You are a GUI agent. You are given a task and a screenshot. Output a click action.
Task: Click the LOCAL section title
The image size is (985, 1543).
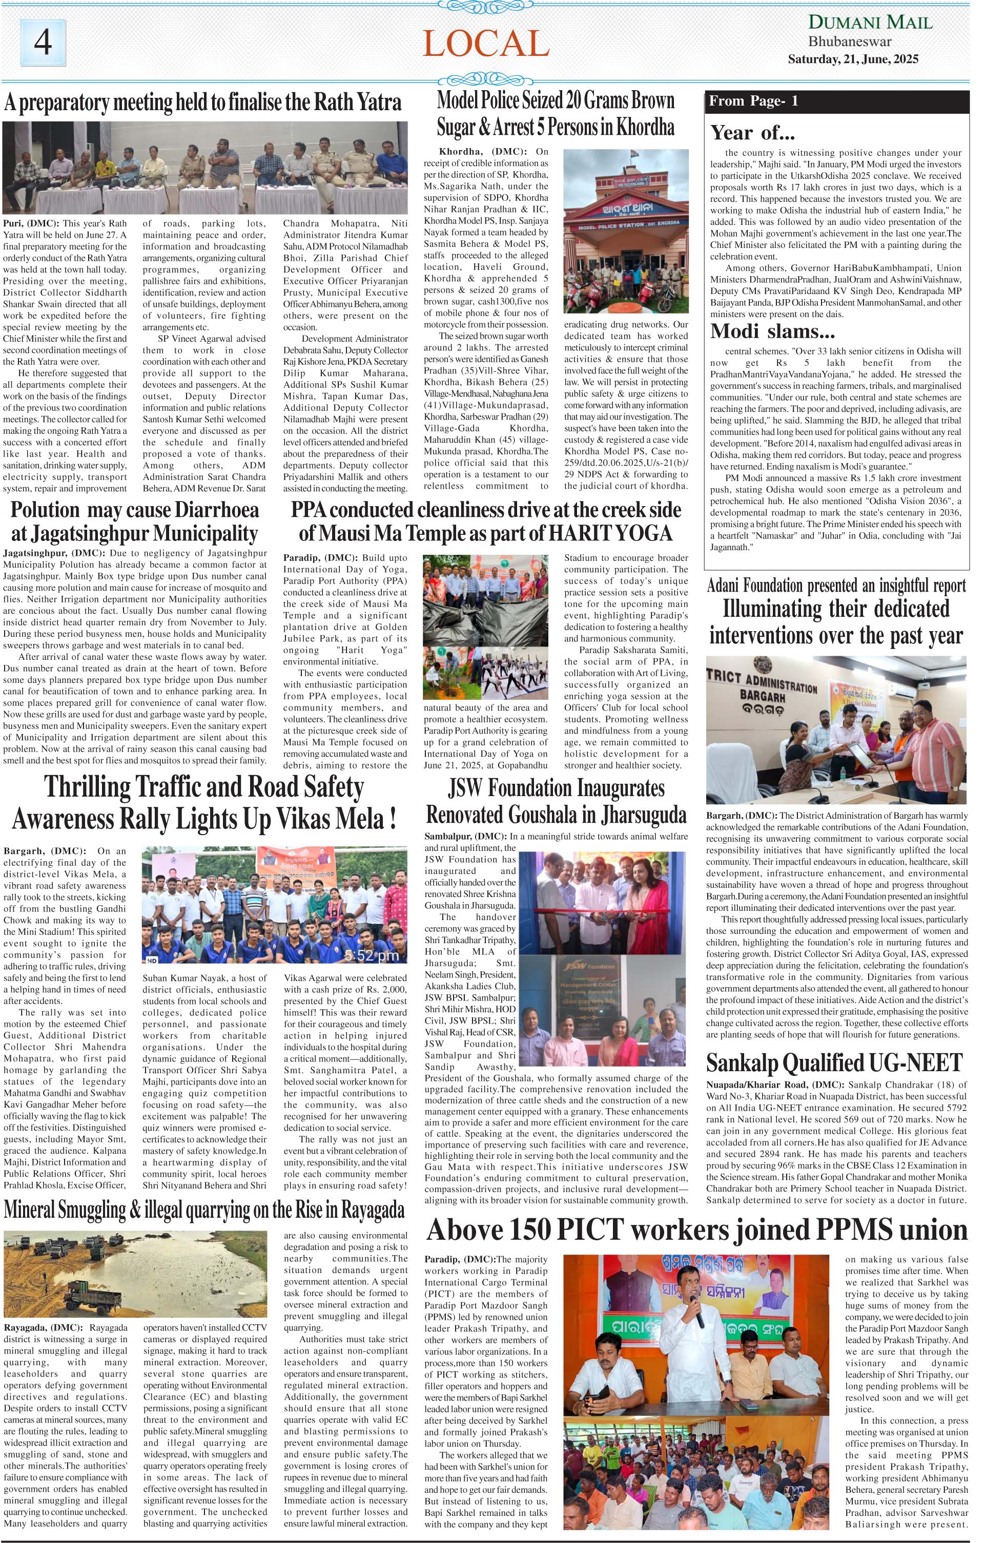(485, 44)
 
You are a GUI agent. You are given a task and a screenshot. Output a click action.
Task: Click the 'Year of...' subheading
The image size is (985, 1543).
(752, 133)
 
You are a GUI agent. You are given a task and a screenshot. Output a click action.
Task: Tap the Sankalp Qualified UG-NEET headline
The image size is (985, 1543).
(834, 1062)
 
